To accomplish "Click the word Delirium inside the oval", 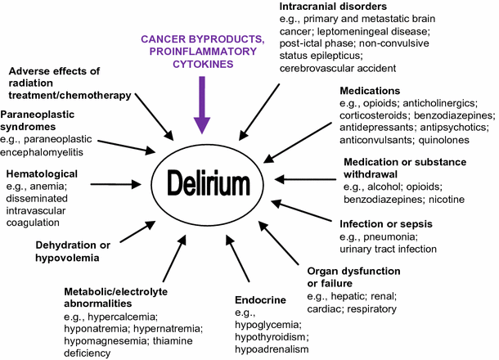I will tap(211, 178).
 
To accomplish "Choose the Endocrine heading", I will tap(259, 299).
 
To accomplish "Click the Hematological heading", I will tap(42, 173).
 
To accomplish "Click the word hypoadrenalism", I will tap(271, 349).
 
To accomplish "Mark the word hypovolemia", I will tap(66, 257).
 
